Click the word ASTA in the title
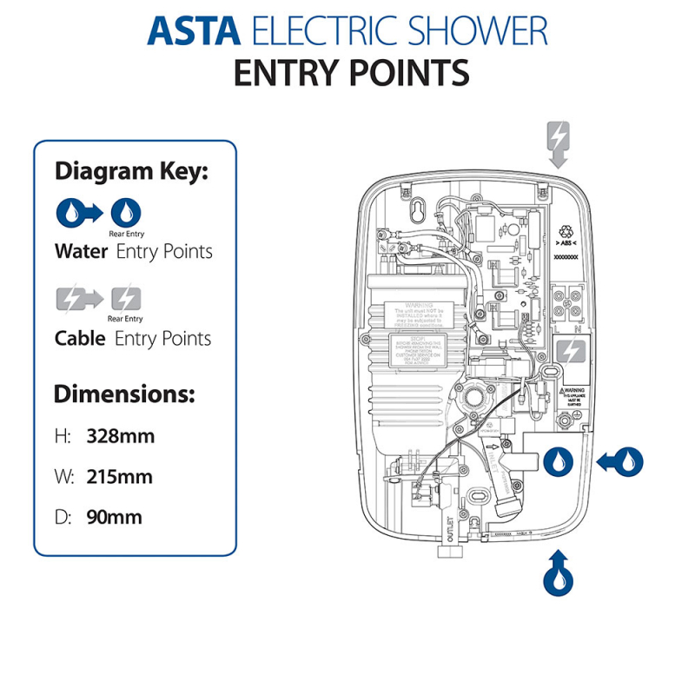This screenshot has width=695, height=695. coord(194,31)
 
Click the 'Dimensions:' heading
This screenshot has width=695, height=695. coord(123,394)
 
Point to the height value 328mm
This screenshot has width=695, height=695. coord(121,436)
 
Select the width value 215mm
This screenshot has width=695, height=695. coord(119,477)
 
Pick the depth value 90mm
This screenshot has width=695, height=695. coord(114,518)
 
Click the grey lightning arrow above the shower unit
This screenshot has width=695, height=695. coord(558,142)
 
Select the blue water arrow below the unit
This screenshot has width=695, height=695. coord(556,573)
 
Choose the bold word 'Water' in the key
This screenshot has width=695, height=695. coord(81,252)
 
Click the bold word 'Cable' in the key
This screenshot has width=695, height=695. coord(81,338)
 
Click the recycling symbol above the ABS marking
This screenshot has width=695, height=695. coord(566,231)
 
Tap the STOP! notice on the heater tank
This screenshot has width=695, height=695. coord(417,349)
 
